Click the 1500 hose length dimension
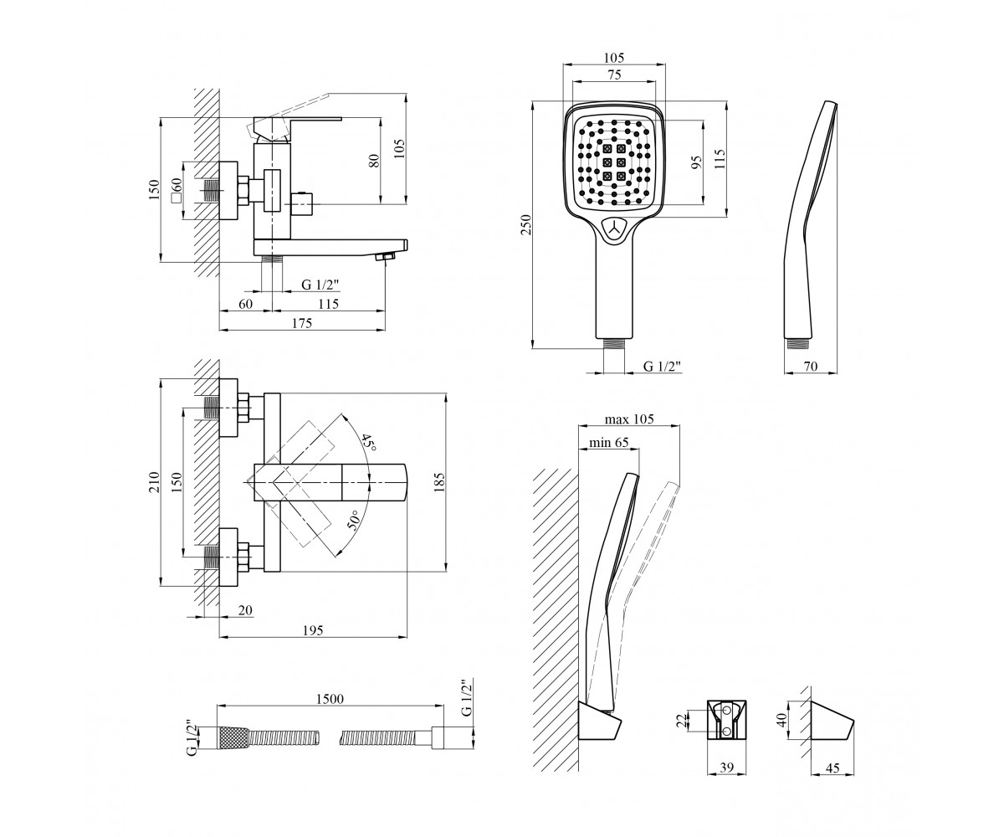tap(330, 698)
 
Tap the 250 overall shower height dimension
tap(527, 224)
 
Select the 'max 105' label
tap(629, 419)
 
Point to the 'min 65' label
tap(609, 443)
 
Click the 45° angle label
tap(369, 441)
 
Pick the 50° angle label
tap(354, 521)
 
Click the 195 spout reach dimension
tap(313, 629)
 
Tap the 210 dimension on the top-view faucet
tap(153, 482)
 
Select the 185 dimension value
tap(439, 482)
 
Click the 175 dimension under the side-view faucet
tap(302, 323)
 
